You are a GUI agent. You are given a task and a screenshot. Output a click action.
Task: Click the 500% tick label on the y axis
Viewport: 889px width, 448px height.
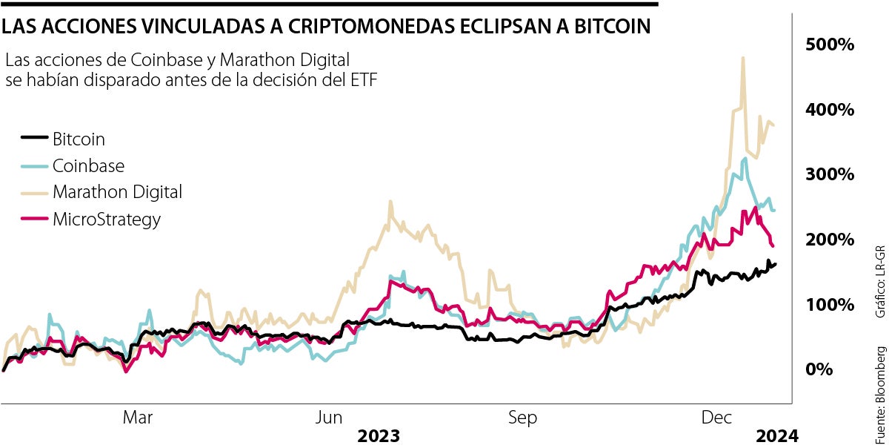(830, 45)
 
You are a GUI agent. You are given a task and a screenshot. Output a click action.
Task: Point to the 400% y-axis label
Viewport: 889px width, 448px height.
(830, 110)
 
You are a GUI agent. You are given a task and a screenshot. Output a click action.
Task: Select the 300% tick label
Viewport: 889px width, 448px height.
(830, 174)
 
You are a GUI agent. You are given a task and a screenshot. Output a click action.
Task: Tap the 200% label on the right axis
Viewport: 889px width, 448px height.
(830, 240)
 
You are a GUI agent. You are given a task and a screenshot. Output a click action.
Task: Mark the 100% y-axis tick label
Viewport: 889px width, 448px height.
(830, 305)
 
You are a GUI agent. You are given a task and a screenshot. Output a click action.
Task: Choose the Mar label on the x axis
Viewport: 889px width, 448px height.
(138, 418)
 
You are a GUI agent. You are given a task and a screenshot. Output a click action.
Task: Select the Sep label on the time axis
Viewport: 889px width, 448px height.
(522, 418)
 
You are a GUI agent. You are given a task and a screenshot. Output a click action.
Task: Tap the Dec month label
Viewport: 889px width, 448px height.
(716, 418)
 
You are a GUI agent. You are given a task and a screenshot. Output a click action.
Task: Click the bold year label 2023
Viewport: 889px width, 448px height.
(379, 435)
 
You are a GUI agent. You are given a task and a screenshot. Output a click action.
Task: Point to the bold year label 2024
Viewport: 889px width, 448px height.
(778, 435)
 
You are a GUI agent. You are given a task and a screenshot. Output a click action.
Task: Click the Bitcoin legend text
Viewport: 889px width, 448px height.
(79, 138)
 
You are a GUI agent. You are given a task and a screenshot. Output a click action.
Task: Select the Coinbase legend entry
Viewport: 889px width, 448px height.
(88, 165)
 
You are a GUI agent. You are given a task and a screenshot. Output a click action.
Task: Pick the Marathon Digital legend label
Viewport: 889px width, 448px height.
(117, 192)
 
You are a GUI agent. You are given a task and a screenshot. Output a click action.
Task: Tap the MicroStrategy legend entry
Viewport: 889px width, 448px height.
(106, 219)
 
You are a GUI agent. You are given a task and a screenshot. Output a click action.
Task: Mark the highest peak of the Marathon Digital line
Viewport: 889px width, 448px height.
(742, 58)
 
